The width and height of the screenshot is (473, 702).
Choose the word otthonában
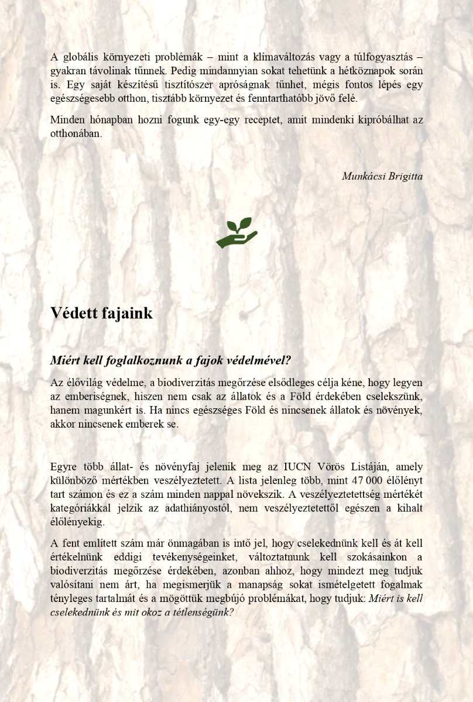76,133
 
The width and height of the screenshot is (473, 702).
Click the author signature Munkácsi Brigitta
382,176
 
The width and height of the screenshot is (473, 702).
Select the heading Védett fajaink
101,314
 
